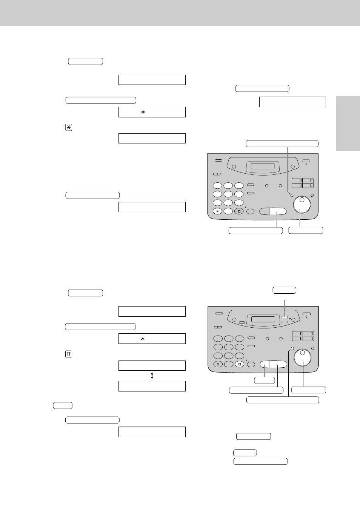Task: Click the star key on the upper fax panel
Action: tap(217, 211)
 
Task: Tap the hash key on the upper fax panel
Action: tap(239, 211)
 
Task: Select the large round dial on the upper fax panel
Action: tap(302, 204)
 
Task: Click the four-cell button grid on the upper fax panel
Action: tap(303, 183)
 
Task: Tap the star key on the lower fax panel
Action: tap(218, 364)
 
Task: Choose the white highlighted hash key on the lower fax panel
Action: tap(239, 364)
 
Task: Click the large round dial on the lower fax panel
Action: tap(303, 357)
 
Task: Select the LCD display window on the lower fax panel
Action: tap(263, 319)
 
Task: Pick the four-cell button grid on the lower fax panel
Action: tap(303, 336)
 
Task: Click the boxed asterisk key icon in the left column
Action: tap(69, 128)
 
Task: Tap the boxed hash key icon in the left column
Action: tap(69, 354)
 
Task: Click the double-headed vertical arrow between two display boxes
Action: tap(152, 376)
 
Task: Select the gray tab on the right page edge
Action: tap(348, 124)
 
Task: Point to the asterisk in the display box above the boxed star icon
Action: tap(143, 112)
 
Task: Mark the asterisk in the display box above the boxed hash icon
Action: tap(143, 339)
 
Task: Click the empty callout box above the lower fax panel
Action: tap(284, 290)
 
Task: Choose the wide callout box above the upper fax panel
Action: tap(282, 143)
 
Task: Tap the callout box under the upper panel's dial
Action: tap(306, 230)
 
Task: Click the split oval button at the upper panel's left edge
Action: tap(217, 174)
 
